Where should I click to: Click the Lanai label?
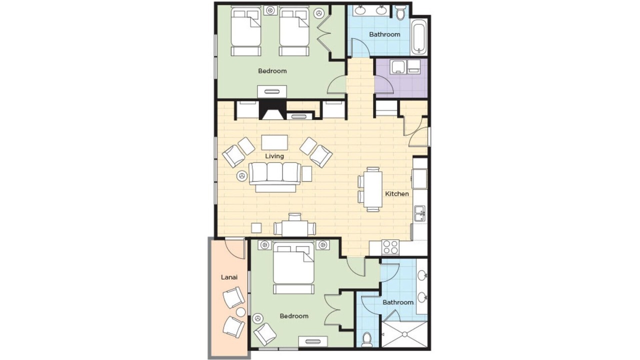(229, 277)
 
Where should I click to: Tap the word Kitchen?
(397, 193)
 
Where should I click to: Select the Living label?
(274, 156)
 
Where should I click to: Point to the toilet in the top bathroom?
(400, 12)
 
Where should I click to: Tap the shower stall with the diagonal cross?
(404, 334)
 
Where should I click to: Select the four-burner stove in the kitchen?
(390, 247)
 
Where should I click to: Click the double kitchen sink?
(419, 213)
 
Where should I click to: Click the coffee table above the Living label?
(274, 142)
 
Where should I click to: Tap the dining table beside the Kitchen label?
(373, 189)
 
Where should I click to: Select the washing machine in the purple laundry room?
(399, 67)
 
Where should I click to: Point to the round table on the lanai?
(240, 312)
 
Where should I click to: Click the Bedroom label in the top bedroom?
(272, 71)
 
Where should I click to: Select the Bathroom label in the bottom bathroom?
(398, 302)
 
